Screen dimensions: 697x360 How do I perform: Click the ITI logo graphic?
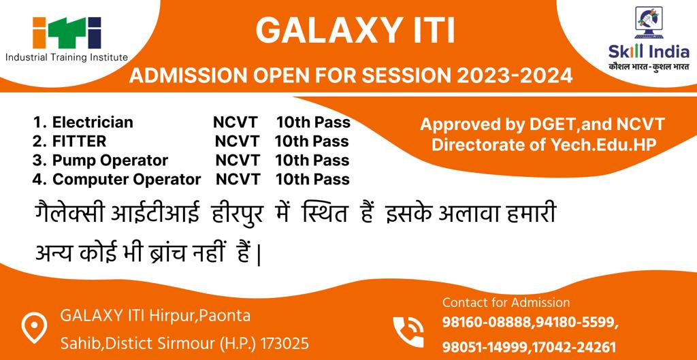[x=67, y=33]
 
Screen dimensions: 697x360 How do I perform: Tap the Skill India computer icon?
[x=649, y=22]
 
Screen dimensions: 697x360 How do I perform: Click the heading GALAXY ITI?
[x=355, y=30]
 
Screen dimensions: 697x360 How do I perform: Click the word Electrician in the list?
[x=93, y=122]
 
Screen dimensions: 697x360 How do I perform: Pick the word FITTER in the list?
[x=79, y=142]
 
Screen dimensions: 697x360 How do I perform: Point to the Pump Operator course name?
[x=110, y=161]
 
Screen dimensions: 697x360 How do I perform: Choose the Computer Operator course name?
[x=127, y=180]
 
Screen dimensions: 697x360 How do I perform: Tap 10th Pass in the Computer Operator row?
[x=312, y=180]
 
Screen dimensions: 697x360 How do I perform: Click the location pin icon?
[x=34, y=327]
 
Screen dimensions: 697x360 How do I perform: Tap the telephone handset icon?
[x=408, y=331]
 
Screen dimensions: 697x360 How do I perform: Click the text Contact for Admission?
[x=506, y=303]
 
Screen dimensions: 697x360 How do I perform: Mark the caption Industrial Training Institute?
[x=67, y=57]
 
